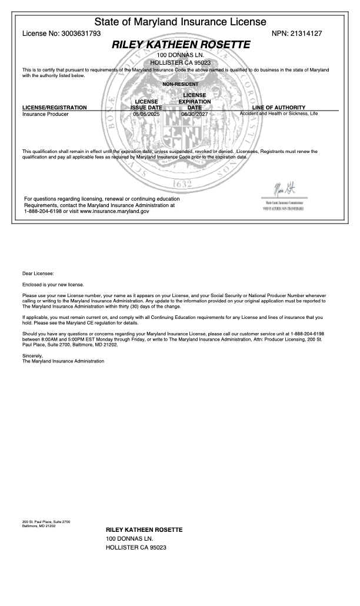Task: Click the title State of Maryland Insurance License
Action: [x=180, y=22]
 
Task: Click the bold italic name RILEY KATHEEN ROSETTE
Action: [x=181, y=45]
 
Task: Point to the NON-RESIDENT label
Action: [x=180, y=84]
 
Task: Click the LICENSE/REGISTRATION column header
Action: [x=54, y=108]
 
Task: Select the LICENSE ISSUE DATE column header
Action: [x=146, y=105]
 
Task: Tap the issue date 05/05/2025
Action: [x=146, y=114]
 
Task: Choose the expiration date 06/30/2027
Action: [x=195, y=114]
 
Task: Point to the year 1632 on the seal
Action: [x=180, y=184]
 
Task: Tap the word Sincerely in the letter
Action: [x=32, y=356]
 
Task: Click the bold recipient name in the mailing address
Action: [x=144, y=530]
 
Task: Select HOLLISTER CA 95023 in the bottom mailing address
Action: [x=136, y=548]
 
